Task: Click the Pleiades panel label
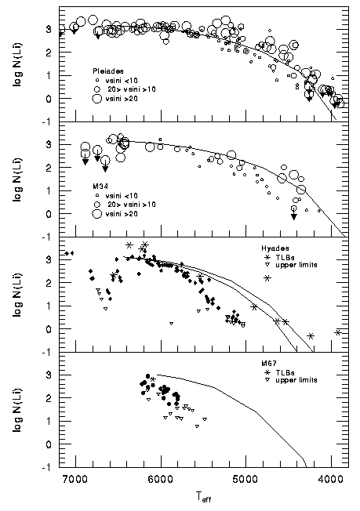(x=108, y=71)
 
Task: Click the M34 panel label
(x=99, y=187)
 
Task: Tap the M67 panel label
(x=267, y=364)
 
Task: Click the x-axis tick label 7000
(x=75, y=479)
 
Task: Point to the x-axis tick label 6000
(x=161, y=479)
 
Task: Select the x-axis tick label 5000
(x=245, y=479)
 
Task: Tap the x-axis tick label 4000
(x=331, y=479)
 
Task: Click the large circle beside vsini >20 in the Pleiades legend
(x=96, y=99)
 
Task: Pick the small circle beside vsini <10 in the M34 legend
(x=96, y=196)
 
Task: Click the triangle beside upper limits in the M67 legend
(x=268, y=380)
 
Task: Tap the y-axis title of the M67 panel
(x=17, y=410)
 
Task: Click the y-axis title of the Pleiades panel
(x=17, y=64)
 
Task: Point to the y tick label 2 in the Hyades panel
(x=49, y=283)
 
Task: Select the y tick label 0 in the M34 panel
(x=49, y=214)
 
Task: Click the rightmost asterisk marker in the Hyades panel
(x=338, y=332)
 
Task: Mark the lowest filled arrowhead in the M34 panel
(x=294, y=216)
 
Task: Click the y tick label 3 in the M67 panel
(x=49, y=375)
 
